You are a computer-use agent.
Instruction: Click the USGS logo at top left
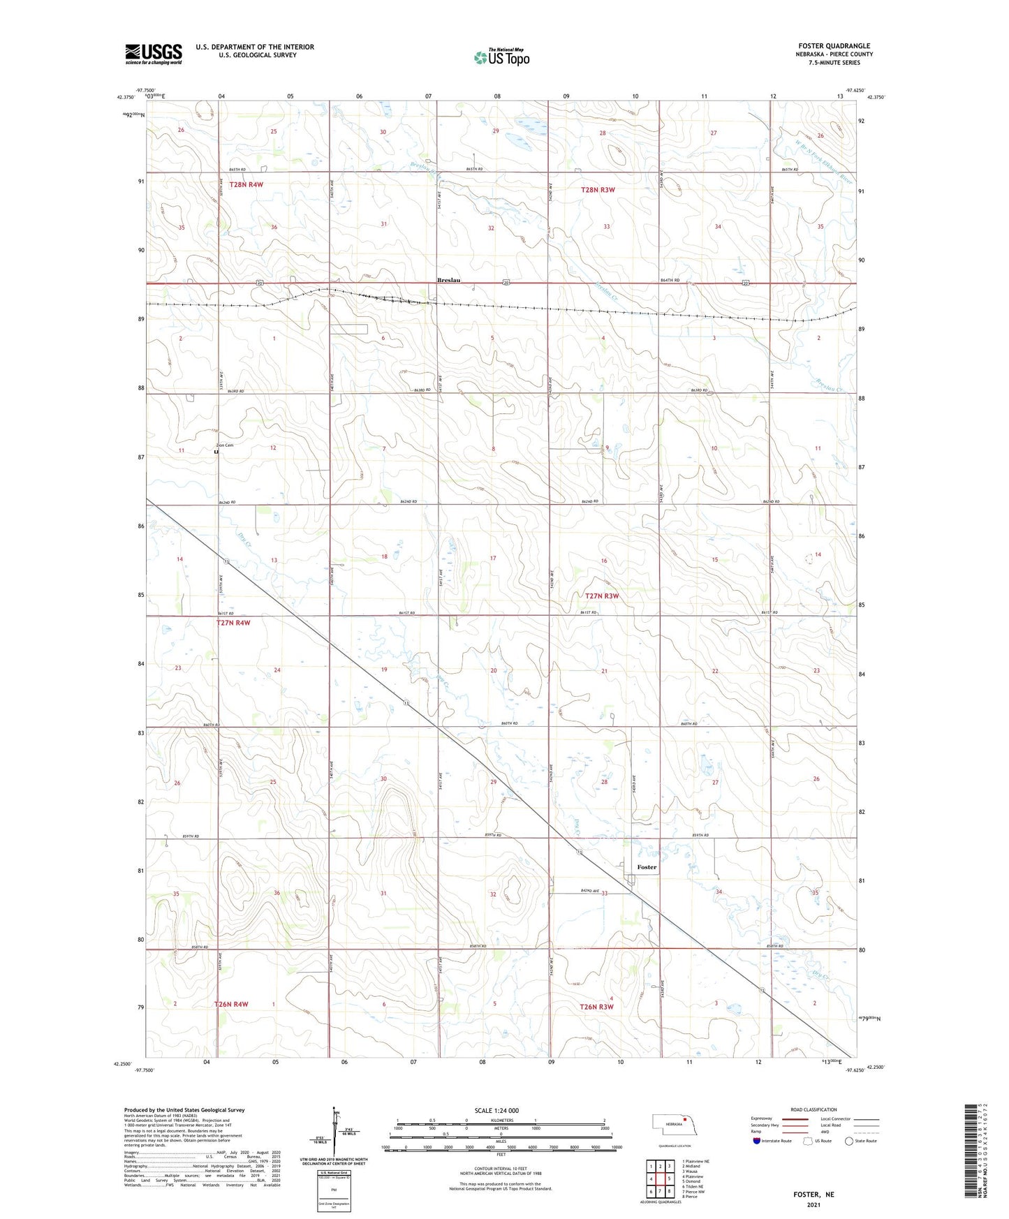coord(153,54)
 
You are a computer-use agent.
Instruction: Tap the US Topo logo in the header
coord(501,57)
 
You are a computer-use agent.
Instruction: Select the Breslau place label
coord(448,280)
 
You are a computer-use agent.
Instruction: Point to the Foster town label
coord(647,867)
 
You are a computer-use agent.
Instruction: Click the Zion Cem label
coord(224,445)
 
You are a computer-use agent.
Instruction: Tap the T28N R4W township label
coord(241,184)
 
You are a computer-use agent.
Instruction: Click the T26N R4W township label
coord(231,1004)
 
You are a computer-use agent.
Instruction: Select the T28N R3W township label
coord(598,190)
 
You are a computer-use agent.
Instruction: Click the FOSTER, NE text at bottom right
coord(813,1195)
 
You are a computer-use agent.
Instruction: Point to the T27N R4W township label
coord(233,623)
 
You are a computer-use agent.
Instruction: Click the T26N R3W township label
coord(596,1006)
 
